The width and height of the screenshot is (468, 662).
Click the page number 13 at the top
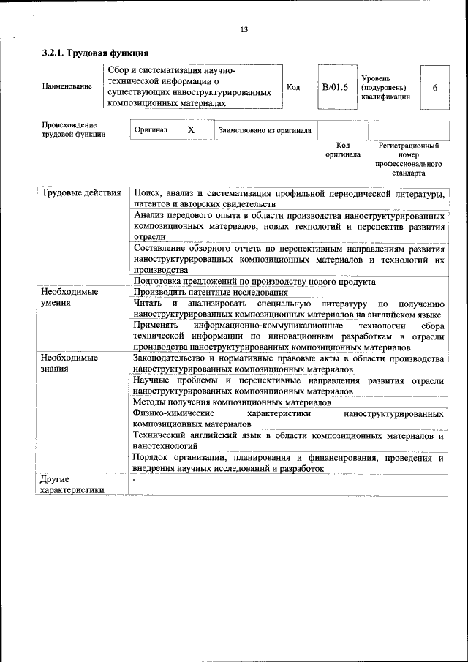coord(244,29)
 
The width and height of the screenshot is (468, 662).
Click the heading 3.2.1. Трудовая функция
coord(96,53)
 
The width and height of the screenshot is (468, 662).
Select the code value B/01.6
coord(336,88)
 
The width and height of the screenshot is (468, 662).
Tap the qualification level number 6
coord(435,88)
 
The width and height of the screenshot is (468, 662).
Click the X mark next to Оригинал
coord(191,129)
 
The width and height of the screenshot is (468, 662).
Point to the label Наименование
coord(67,87)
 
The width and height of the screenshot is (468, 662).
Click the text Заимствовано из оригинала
coord(265,130)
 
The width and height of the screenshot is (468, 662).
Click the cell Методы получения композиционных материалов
coord(232,402)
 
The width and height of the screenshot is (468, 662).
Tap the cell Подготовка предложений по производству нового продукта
coord(254,282)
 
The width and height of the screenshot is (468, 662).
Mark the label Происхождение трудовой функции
coord(74,129)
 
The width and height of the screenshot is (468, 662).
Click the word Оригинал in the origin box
coord(151,130)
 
